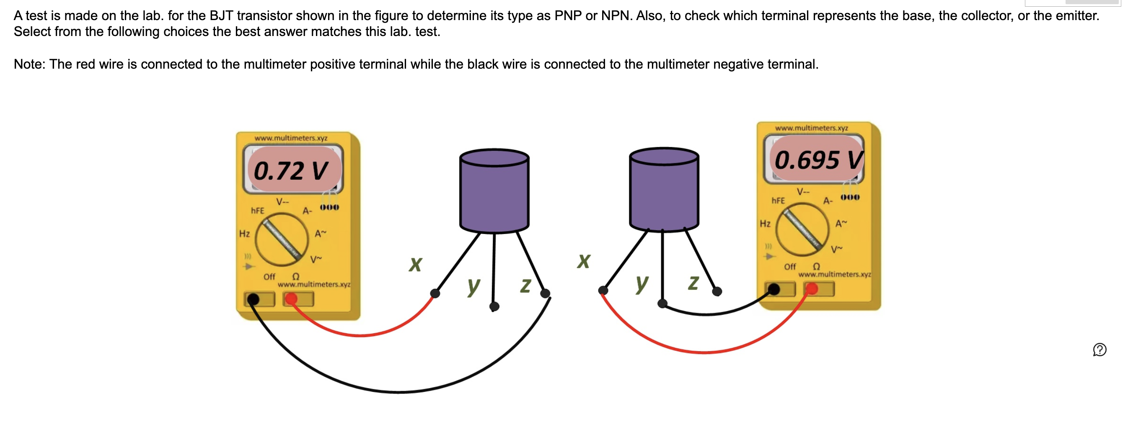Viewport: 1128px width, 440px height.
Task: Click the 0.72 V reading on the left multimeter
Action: (291, 170)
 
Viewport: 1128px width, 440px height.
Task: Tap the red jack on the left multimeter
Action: (291, 299)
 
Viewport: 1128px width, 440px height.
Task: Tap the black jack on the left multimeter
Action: (253, 299)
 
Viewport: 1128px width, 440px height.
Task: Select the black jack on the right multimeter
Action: (774, 289)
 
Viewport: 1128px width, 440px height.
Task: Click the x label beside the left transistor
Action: (415, 264)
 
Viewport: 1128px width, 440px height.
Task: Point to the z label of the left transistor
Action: (525, 285)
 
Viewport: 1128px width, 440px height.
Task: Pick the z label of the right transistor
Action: (693, 283)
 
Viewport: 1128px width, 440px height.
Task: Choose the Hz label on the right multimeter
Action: (765, 224)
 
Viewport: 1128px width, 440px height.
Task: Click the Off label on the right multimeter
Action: (790, 266)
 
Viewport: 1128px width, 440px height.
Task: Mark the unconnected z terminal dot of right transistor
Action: (717, 292)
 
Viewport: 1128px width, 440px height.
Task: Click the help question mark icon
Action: (1100, 350)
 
